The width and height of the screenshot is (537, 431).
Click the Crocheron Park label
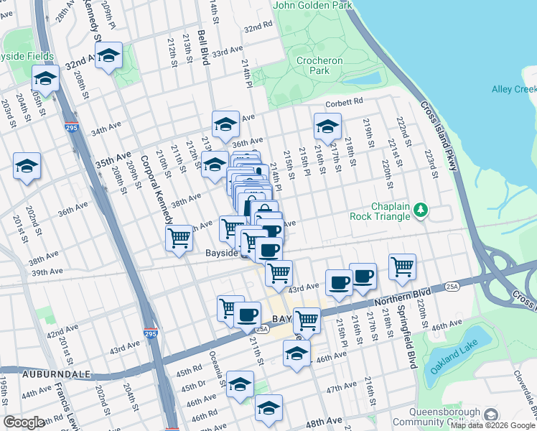318,65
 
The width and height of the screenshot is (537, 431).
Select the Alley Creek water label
514,89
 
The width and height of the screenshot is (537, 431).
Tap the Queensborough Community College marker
491,414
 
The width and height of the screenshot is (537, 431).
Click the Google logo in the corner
24,422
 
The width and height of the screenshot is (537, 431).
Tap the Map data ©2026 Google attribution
492,425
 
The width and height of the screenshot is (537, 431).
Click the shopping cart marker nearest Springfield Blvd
403,267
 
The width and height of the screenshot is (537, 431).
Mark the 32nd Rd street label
258,27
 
